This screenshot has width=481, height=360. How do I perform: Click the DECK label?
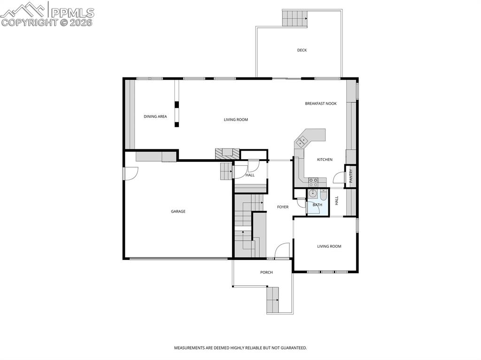click(x=302, y=50)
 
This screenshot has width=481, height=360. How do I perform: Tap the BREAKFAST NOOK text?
click(x=321, y=103)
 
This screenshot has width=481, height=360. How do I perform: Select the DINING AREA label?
click(x=155, y=116)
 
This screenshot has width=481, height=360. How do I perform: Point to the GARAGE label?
click(x=178, y=212)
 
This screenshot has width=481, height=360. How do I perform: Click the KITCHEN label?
click(x=325, y=160)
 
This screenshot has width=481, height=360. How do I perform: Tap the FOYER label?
click(x=283, y=207)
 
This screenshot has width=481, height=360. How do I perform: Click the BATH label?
click(x=318, y=205)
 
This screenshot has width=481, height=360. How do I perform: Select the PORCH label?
click(x=266, y=272)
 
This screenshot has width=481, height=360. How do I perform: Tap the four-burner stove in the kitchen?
click(x=314, y=180)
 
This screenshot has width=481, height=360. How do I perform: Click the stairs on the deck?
click(x=295, y=18)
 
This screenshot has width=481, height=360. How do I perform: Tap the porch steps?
click(x=273, y=300)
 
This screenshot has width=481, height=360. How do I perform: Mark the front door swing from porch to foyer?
click(x=282, y=251)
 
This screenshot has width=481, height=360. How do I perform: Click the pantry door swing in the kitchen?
click(x=338, y=178)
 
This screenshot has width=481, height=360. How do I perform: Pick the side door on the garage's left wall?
click(x=130, y=173)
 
